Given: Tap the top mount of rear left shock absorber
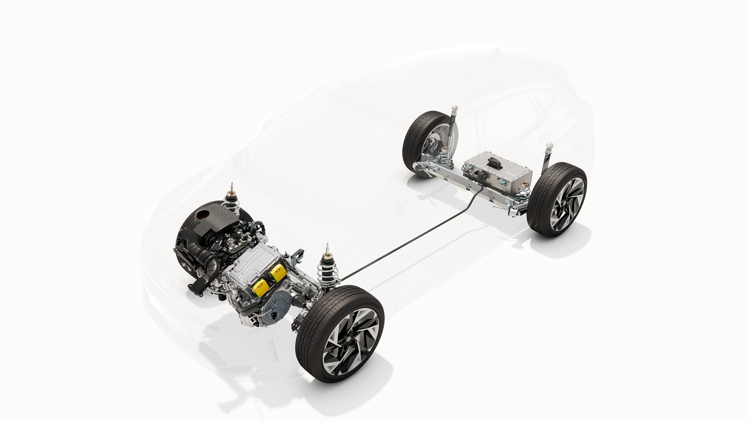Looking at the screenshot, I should (x=455, y=109).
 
